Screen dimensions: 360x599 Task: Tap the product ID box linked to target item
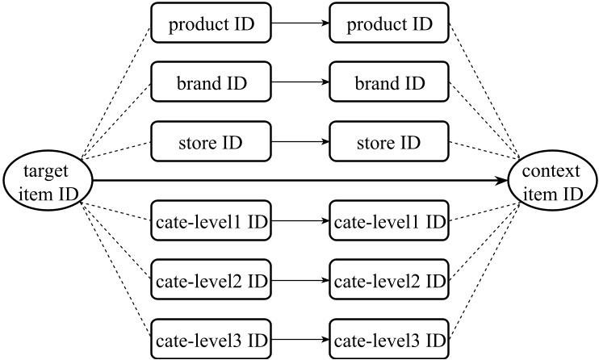212,24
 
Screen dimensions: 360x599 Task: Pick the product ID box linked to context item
389,24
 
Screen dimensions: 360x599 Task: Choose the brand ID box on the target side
212,83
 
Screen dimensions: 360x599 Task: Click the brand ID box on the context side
389,83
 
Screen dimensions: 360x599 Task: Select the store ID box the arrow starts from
212,142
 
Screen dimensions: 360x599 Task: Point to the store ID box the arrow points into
389,142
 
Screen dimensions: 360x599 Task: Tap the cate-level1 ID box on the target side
212,220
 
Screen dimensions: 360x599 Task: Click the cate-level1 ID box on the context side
389,220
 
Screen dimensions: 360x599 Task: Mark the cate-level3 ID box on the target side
212,338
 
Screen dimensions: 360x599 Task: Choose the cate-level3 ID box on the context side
389,338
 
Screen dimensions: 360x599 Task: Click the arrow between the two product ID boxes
300,24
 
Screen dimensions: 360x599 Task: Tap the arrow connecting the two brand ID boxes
300,83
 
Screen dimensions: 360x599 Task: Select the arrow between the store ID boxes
300,142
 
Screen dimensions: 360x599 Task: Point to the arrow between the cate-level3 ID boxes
300,338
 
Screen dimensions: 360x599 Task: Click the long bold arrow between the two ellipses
299,181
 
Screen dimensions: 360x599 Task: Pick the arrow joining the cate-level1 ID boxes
300,220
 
